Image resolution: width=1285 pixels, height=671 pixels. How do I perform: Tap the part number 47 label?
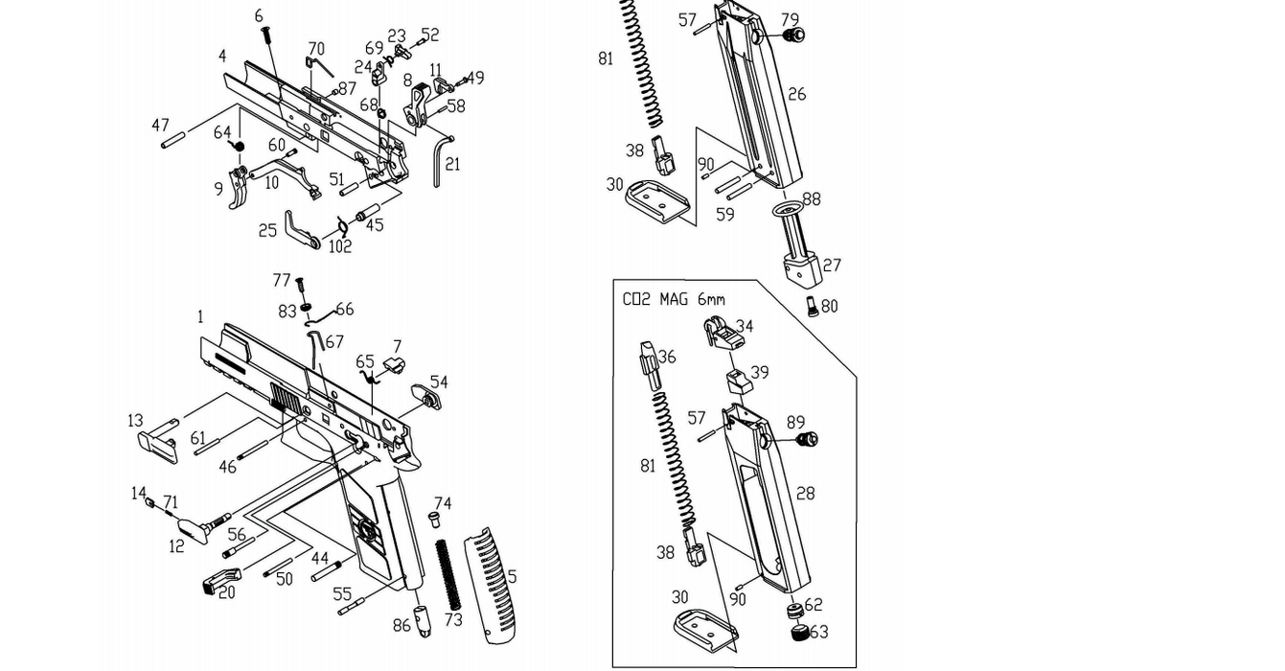(160, 126)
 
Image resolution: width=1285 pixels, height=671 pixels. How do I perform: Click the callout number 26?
(796, 94)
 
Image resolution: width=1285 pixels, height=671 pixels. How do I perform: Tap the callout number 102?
(339, 245)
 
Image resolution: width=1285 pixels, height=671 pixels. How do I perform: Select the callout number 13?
(135, 421)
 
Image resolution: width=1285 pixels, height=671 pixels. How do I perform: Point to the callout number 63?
(818, 632)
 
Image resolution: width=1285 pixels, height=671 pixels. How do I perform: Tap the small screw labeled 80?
(813, 307)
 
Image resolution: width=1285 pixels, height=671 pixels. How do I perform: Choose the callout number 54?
(438, 382)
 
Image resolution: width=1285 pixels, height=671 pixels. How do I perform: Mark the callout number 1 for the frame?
(200, 316)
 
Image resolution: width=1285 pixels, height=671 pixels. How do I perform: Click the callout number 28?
(805, 493)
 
